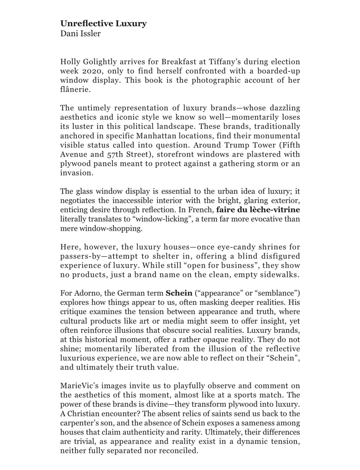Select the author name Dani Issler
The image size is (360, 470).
point(80,33)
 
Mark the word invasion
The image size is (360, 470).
point(75,173)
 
